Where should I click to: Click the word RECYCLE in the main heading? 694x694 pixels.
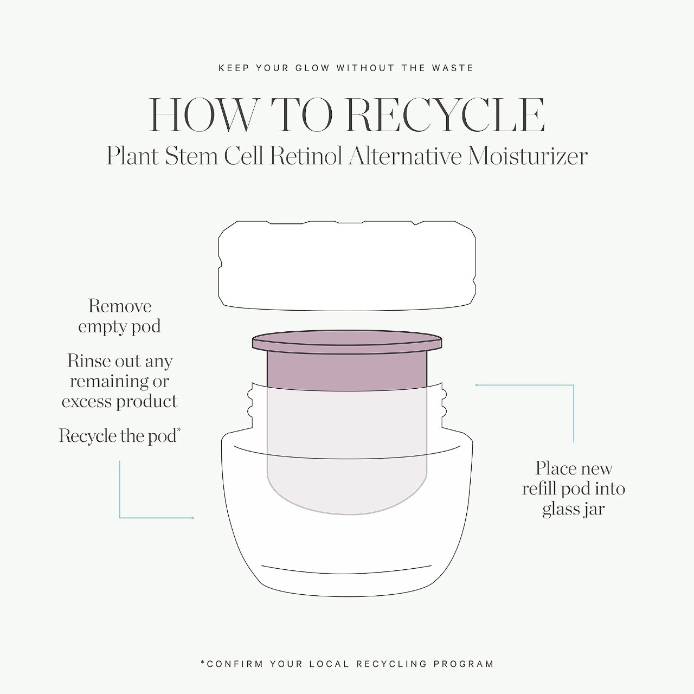point(445,115)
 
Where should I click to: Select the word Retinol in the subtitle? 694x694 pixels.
point(305,157)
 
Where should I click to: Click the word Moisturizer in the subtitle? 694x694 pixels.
point(528,157)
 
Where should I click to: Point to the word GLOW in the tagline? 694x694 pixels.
point(312,68)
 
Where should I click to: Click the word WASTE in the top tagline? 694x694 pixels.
point(453,68)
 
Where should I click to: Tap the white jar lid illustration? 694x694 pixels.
point(347,266)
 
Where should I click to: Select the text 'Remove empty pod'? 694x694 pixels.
point(120,317)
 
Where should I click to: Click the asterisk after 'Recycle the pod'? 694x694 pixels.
point(179,430)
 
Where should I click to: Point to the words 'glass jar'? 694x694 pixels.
point(573,510)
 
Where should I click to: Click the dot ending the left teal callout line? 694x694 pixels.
point(192,518)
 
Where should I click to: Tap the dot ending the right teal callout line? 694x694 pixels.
point(477,385)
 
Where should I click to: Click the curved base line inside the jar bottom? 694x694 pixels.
point(346,569)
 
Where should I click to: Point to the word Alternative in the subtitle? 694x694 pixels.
point(405,157)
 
